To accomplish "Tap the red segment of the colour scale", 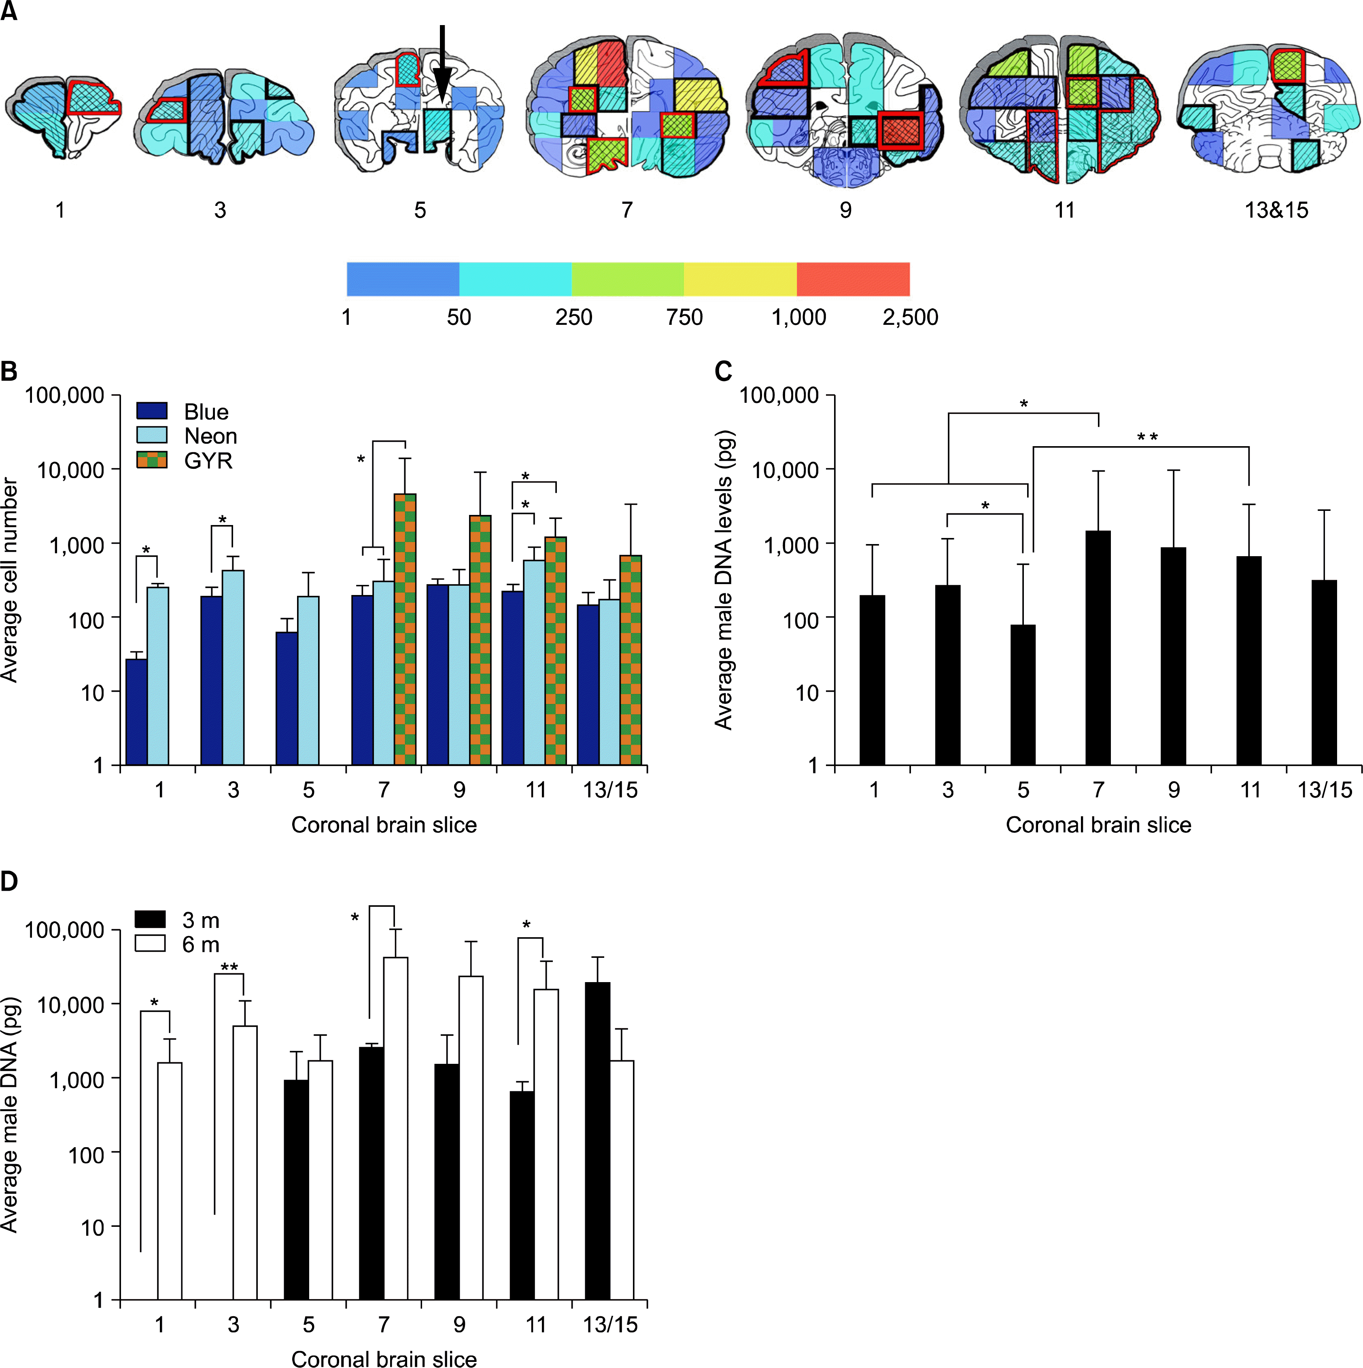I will [x=853, y=279].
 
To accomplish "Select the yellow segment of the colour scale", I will [x=740, y=279].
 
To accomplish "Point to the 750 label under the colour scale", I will [x=684, y=317].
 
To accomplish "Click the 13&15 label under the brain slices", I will [x=1276, y=210].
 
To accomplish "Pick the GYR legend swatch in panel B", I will [x=152, y=460].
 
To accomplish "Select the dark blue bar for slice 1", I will [x=137, y=712].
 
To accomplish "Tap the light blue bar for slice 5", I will [x=308, y=680].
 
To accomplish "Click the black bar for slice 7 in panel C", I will [x=1098, y=648].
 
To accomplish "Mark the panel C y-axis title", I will [x=723, y=580].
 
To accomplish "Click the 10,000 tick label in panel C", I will [x=785, y=470].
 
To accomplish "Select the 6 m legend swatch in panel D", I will [x=150, y=944].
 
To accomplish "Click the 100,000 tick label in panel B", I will [x=65, y=395].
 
